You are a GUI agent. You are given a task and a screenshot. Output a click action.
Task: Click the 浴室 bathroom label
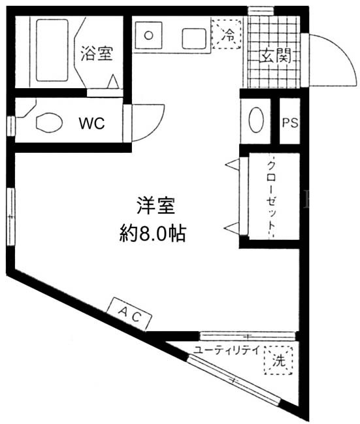pyautogui.click(x=96, y=54)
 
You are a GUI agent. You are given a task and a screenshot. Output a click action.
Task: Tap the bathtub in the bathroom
pyautogui.click(x=52, y=50)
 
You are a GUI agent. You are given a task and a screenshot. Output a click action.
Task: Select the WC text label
pyautogui.click(x=91, y=123)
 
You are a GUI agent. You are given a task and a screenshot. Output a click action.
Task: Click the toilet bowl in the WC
pyautogui.click(x=49, y=122)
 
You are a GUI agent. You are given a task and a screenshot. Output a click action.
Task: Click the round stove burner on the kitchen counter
pyautogui.click(x=148, y=35)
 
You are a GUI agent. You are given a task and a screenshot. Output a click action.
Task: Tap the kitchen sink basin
pyautogui.click(x=194, y=39)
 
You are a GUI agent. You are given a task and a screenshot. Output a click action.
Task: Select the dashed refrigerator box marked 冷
pyautogui.click(x=227, y=34)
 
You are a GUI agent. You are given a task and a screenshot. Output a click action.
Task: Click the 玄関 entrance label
pyautogui.click(x=275, y=56)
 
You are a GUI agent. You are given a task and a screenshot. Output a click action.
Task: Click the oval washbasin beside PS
pyautogui.click(x=256, y=120)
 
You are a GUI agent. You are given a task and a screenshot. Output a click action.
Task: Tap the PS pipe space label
pyautogui.click(x=290, y=123)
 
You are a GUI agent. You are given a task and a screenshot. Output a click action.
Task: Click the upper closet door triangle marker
pyautogui.click(x=233, y=165)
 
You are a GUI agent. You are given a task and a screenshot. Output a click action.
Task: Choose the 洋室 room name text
pyautogui.click(x=155, y=206)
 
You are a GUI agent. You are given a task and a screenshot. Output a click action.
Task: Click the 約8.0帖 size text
pyautogui.click(x=152, y=233)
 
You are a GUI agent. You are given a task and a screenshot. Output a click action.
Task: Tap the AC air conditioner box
pyautogui.click(x=129, y=314)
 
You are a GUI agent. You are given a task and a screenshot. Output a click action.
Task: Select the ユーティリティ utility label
pyautogui.click(x=227, y=350)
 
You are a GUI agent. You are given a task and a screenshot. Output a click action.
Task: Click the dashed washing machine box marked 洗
pyautogui.click(x=278, y=360)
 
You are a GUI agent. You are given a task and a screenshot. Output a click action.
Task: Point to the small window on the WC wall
pyautogui.click(x=11, y=125)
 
